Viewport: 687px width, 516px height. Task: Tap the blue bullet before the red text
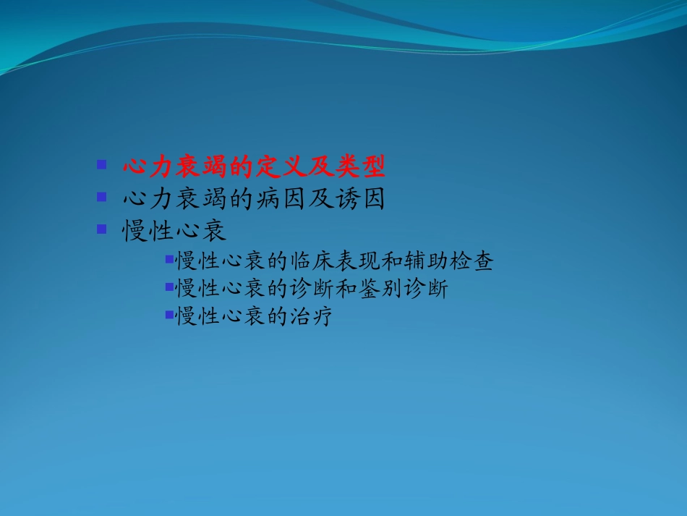[102, 164]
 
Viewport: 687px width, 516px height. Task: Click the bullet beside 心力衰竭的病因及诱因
[102, 196]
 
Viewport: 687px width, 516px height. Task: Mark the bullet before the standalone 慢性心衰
[102, 229]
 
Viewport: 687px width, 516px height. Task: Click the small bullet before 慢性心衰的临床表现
[169, 258]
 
